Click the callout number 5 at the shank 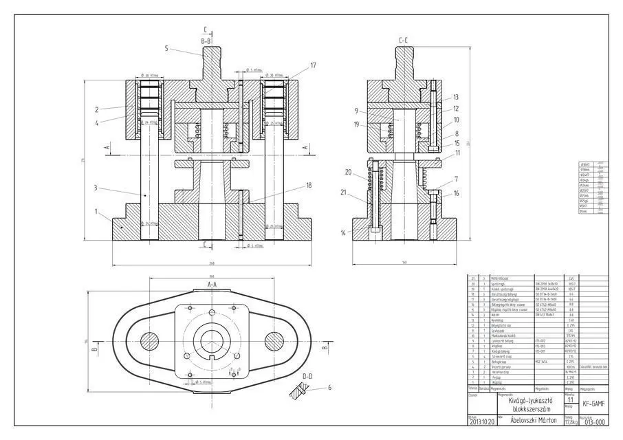pyautogui.click(x=166, y=48)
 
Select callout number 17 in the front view pyautogui.click(x=313, y=66)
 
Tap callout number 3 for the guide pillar pyautogui.click(x=97, y=187)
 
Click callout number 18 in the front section pyautogui.click(x=309, y=186)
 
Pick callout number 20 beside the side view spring pyautogui.click(x=348, y=172)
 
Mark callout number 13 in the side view pyautogui.click(x=455, y=97)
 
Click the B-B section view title pyautogui.click(x=207, y=41)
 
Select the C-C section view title pyautogui.click(x=404, y=41)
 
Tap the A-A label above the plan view pyautogui.click(x=212, y=283)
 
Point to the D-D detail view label pyautogui.click(x=307, y=376)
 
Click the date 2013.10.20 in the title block pyautogui.click(x=481, y=422)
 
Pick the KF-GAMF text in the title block pyautogui.click(x=594, y=404)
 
